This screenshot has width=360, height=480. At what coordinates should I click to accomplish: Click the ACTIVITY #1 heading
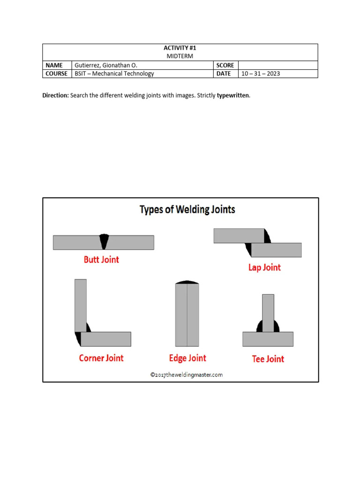tap(180, 48)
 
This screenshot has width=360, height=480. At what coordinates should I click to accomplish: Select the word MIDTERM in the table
tap(180, 56)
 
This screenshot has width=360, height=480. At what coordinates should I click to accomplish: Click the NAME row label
tap(54, 65)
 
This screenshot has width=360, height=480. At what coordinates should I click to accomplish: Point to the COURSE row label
tap(56, 74)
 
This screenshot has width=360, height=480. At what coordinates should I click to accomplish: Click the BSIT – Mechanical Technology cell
tap(114, 74)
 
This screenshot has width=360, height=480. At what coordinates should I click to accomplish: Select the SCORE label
tap(225, 65)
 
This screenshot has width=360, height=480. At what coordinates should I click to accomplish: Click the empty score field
tap(278, 65)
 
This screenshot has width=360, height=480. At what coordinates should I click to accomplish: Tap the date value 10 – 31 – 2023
tap(261, 74)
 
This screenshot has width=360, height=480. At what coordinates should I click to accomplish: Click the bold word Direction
tap(55, 95)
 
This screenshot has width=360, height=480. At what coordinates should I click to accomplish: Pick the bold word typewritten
tap(233, 95)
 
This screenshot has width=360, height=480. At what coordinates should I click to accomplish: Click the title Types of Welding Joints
tap(187, 210)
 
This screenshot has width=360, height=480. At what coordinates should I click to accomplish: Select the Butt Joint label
tap(101, 259)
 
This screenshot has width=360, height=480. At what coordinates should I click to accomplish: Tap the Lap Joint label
tap(264, 267)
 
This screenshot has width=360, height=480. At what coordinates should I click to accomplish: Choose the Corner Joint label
tap(101, 358)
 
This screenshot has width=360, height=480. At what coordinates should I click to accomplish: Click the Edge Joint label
tap(187, 358)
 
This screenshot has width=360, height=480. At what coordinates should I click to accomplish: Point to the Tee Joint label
tap(268, 359)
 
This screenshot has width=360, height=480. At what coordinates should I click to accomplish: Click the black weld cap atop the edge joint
tap(187, 282)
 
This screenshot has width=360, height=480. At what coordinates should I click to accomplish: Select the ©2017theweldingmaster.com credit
tap(187, 375)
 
